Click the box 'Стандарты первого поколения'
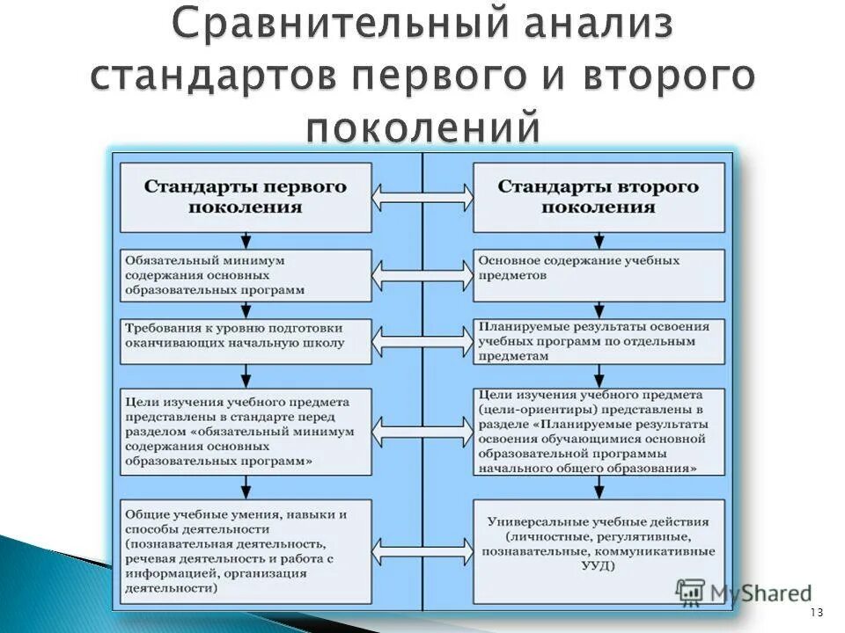coord(246,197)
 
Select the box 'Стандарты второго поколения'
coord(599,197)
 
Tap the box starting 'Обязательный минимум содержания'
coord(246,275)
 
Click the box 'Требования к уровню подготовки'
coord(246,339)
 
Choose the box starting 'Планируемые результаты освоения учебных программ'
coord(599,341)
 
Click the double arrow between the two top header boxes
coord(422,197)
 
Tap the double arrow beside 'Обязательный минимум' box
coord(422,275)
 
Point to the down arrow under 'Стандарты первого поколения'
coord(246,240)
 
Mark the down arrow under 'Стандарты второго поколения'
coord(599,240)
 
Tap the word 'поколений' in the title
coord(422,128)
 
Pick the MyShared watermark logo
coord(744,593)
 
